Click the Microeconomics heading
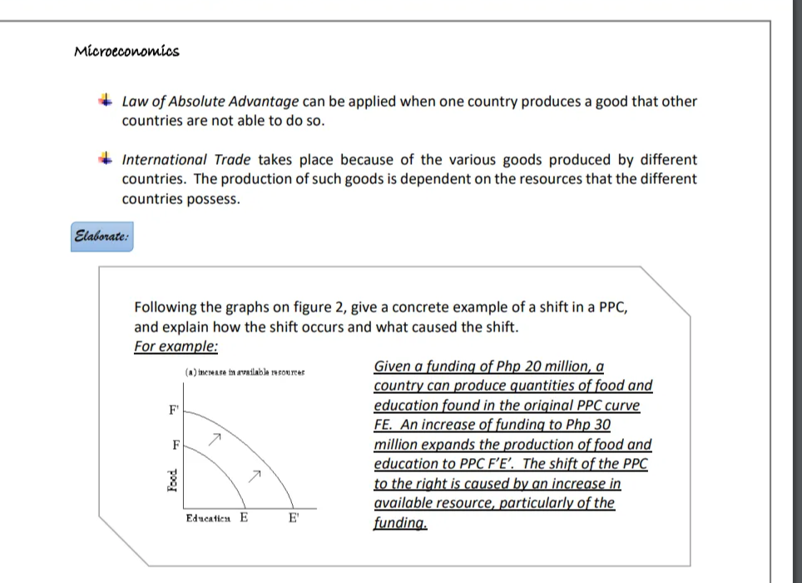click(126, 52)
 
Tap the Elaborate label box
click(101, 237)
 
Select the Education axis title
click(209, 518)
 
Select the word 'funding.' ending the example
click(400, 523)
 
